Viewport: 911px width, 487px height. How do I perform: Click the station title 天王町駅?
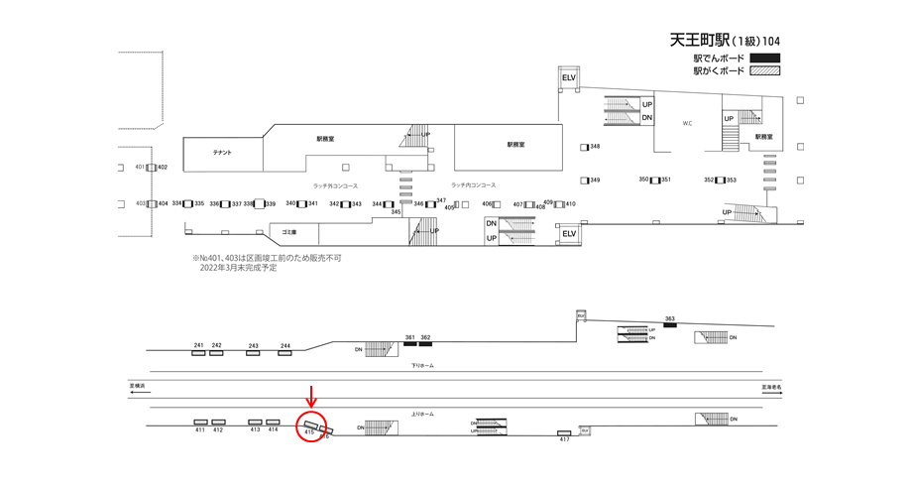pyautogui.click(x=700, y=41)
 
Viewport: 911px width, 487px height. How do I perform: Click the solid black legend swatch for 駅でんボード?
pyautogui.click(x=765, y=58)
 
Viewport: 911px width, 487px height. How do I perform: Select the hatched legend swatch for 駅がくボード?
pyautogui.click(x=765, y=71)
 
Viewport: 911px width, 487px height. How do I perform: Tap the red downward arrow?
pyautogui.click(x=312, y=394)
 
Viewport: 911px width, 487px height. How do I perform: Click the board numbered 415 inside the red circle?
pyautogui.click(x=310, y=425)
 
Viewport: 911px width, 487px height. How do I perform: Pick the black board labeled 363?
pyautogui.click(x=670, y=326)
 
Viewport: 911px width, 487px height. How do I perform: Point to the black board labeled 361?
pyautogui.click(x=409, y=343)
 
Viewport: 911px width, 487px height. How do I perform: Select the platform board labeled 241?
pyautogui.click(x=199, y=352)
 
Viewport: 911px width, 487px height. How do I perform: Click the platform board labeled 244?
pyautogui.click(x=285, y=352)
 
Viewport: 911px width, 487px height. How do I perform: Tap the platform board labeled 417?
pyautogui.click(x=564, y=432)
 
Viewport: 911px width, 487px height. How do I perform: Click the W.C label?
pyautogui.click(x=687, y=124)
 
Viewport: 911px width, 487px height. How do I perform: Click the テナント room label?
pyautogui.click(x=222, y=152)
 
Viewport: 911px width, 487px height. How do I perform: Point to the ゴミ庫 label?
pyautogui.click(x=288, y=231)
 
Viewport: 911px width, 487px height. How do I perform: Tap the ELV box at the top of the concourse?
pyautogui.click(x=569, y=77)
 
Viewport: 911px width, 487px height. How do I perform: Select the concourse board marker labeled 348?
pyautogui.click(x=585, y=147)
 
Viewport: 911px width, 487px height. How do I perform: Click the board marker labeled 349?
pyautogui.click(x=585, y=181)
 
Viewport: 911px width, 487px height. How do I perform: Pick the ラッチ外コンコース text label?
pyautogui.click(x=335, y=185)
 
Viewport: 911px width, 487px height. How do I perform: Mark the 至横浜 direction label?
pyautogui.click(x=138, y=385)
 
